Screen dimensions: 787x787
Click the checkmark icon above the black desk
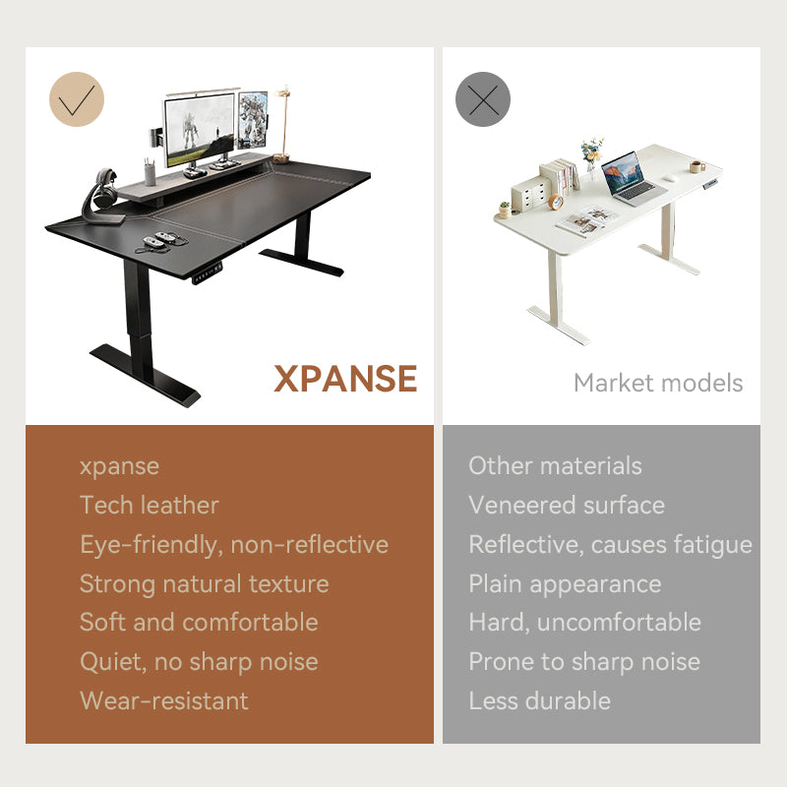click(77, 99)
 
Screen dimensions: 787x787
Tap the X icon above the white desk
click(483, 99)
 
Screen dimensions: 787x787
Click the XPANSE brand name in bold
click(345, 378)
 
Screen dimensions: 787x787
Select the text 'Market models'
click(658, 383)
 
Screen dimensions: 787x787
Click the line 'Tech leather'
click(150, 506)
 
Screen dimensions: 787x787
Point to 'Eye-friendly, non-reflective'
click(234, 544)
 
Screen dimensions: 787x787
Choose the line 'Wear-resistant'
click(164, 700)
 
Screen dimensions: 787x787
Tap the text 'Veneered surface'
click(567, 506)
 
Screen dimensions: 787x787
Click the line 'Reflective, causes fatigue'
click(610, 544)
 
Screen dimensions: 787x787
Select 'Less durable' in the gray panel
click(539, 700)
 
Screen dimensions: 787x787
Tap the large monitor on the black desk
click(200, 129)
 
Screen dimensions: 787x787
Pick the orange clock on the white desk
click(556, 202)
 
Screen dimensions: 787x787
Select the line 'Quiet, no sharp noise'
click(199, 661)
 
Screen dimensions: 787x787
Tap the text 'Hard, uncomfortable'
click(584, 622)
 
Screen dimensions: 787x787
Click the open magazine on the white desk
click(586, 220)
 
